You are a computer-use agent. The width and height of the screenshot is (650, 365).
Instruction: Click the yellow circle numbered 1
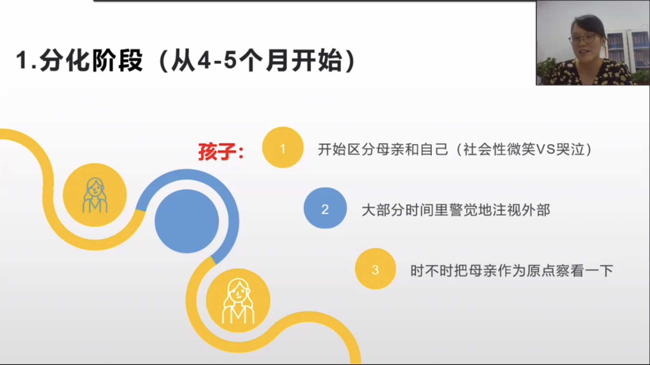pos(283,148)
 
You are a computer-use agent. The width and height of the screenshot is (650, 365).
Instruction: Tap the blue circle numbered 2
pos(325,208)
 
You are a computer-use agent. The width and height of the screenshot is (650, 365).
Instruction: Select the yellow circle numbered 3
pos(375,269)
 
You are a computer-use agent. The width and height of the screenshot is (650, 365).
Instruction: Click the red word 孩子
pos(217,152)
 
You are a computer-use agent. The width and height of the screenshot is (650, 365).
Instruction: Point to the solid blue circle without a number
pos(187,221)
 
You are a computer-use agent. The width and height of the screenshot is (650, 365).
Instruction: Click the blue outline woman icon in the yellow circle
pos(95,195)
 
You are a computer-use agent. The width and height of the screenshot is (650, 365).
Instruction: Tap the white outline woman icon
pos(238,301)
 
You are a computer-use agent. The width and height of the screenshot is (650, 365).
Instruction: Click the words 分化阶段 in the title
pos(91,61)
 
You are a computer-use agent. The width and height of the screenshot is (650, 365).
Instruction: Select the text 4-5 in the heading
pos(217,61)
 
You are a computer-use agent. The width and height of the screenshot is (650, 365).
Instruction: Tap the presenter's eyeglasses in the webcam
pos(583,39)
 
